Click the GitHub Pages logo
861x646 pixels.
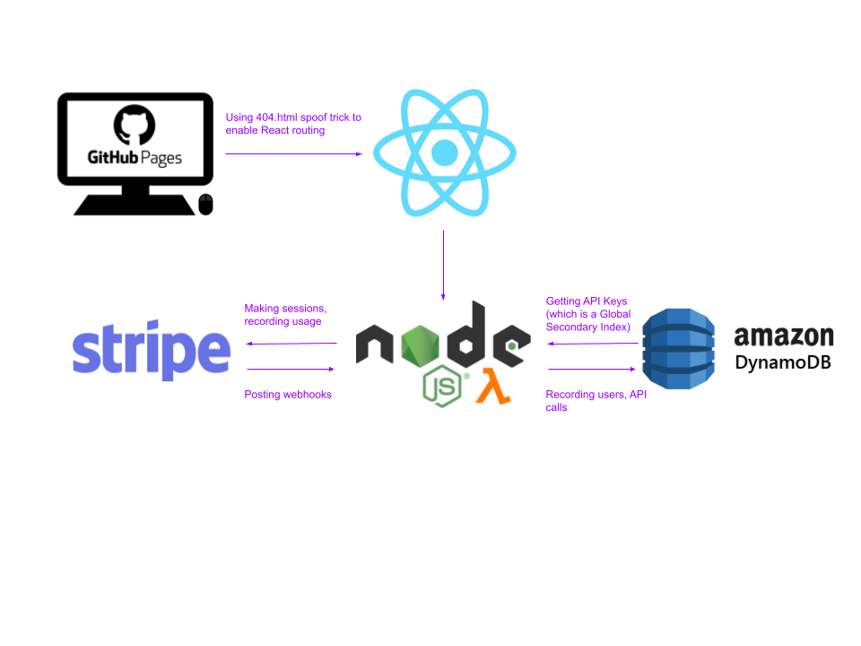click(x=135, y=138)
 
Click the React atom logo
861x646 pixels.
click(x=444, y=153)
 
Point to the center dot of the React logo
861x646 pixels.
click(x=444, y=153)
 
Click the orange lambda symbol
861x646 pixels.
click(x=492, y=386)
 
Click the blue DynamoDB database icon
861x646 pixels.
click(x=679, y=348)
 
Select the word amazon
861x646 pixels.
click(x=784, y=336)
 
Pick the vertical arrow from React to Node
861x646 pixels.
click(x=443, y=265)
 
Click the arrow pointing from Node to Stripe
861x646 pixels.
click(x=291, y=343)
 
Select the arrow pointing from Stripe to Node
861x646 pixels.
click(x=291, y=369)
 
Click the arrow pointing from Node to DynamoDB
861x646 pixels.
click(x=592, y=369)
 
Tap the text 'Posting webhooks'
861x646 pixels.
click(x=288, y=395)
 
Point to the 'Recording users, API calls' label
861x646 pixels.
click(x=596, y=401)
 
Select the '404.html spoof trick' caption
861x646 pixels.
click(x=293, y=124)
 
